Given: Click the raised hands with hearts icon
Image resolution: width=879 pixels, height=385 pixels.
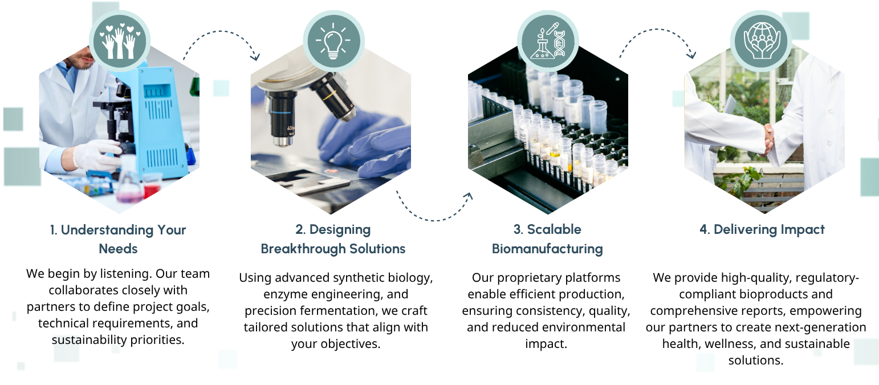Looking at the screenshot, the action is tap(119, 41).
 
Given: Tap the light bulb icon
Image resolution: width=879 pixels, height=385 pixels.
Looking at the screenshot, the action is tap(333, 40).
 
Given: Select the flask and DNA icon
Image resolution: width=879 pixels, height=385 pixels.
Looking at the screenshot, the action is tap(548, 41).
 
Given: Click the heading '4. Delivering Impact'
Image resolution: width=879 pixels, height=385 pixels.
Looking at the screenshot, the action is tap(762, 230).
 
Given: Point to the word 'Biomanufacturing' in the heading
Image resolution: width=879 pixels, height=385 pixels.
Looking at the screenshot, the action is tap(547, 249).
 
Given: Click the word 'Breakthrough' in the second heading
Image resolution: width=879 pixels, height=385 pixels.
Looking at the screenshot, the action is tap(303, 249).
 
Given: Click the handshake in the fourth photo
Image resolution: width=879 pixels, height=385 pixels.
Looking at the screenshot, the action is tap(769, 139).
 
